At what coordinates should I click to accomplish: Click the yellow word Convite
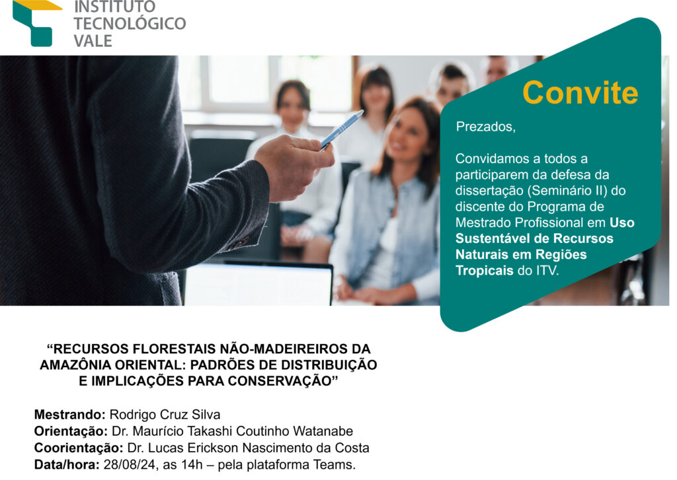point(580,92)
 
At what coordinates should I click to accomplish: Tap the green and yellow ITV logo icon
point(36,22)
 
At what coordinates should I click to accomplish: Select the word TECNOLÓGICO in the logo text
point(130,24)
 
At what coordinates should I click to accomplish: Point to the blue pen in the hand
point(342,130)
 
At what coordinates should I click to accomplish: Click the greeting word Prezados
point(486,127)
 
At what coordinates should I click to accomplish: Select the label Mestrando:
point(70,415)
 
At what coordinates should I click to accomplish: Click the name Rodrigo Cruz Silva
point(165,415)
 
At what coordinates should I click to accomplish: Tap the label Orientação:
point(71,431)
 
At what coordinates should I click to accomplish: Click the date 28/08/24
point(131,465)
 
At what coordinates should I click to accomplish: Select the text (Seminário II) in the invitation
point(566,191)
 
